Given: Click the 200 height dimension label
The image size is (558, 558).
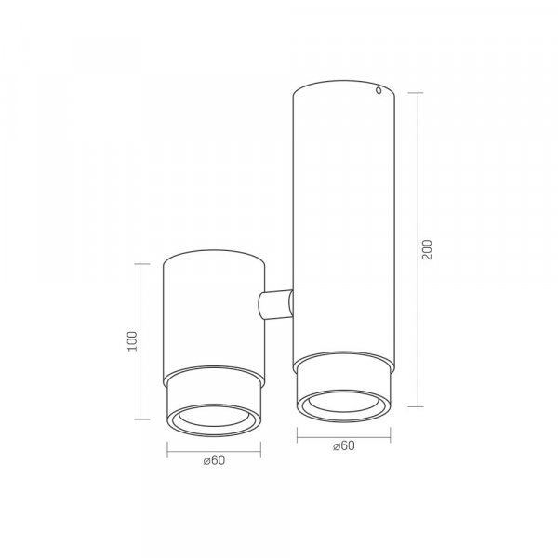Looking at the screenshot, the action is [x=427, y=249].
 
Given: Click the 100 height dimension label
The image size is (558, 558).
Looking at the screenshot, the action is [x=132, y=341].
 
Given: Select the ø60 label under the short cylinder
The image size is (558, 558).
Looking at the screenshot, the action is [x=214, y=460].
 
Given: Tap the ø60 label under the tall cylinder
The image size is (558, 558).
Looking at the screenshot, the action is [x=344, y=445].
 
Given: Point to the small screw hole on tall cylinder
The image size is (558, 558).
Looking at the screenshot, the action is [x=379, y=90].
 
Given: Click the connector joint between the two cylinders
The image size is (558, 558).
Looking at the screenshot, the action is [x=276, y=304].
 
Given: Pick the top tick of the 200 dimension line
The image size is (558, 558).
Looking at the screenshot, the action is [x=416, y=92].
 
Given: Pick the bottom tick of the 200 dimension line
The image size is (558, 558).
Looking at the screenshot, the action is [x=416, y=406].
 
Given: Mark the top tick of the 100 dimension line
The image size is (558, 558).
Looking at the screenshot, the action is [x=142, y=264].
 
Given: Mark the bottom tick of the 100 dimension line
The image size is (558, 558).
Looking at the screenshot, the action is [x=142, y=419].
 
